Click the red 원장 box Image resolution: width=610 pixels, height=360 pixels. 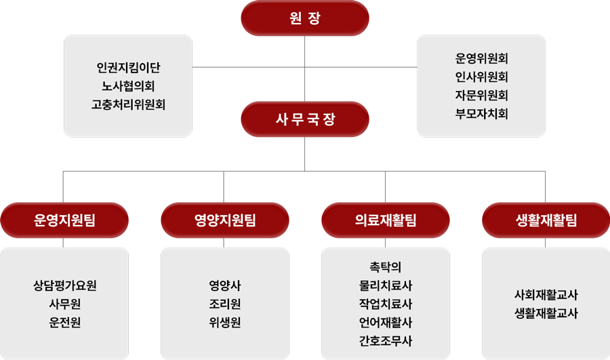coord(305,18)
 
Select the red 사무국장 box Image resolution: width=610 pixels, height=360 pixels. coord(305,119)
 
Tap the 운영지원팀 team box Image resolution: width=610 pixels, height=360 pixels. coord(64,220)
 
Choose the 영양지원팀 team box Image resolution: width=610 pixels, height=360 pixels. coord(225,220)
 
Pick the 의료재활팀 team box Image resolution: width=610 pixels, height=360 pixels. coord(386,220)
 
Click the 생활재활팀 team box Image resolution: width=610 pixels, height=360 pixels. coord(546,220)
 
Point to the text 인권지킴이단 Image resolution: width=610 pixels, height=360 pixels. coord(128,67)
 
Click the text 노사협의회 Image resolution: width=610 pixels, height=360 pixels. coord(128,86)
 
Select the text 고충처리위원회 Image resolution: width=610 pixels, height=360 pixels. coord(128,104)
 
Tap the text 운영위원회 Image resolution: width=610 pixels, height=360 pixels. coord(482,58)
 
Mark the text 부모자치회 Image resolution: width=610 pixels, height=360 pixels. coord(482,114)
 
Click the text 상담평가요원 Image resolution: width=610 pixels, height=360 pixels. coord(64,285)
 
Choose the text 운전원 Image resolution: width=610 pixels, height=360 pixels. coord(64,323)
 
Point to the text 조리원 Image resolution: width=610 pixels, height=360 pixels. coord(225,304)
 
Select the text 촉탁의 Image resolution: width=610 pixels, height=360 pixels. coord(386,267)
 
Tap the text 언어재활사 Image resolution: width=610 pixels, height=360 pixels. coord(386,323)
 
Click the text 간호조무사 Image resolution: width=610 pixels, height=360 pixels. coord(386,341)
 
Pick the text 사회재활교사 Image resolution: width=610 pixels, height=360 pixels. coord(546,295)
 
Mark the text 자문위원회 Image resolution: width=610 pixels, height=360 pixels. coord(482,96)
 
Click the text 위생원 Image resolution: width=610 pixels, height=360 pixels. coord(225,323)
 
